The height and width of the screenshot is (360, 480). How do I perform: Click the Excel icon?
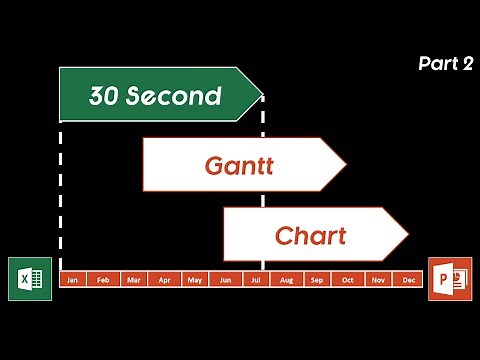29,278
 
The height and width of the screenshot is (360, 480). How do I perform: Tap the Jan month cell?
72,280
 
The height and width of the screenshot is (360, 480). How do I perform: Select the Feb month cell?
102,280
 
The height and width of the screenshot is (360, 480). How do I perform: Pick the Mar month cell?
133,280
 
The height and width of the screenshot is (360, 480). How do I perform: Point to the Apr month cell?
164,280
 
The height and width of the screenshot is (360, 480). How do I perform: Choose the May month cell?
195,280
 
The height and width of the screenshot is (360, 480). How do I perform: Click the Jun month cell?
225,280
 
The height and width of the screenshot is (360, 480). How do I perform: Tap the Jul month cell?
256,280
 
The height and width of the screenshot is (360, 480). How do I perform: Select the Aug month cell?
287,280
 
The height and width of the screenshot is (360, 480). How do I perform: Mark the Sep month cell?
317,280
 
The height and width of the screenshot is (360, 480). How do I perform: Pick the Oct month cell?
348,280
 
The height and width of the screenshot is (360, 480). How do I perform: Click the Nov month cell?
379,280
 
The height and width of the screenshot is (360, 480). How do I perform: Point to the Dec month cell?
408,280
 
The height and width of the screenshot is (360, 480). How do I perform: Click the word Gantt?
239,165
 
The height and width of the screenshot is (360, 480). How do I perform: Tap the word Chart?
310,237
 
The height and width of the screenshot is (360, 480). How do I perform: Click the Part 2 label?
445,64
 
